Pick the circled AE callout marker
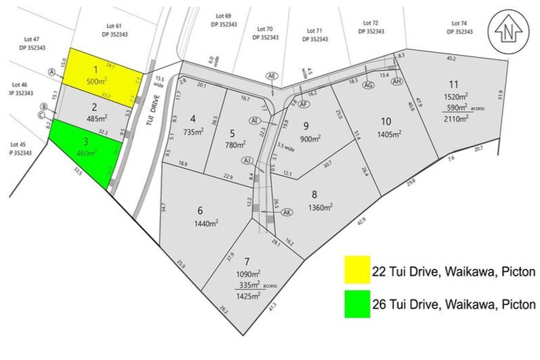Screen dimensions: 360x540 tap(273, 75)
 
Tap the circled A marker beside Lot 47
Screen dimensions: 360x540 tap(52, 72)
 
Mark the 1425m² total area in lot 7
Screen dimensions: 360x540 tap(249, 297)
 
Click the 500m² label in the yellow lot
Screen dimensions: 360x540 tap(96, 81)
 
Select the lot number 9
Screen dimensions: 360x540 tap(306, 126)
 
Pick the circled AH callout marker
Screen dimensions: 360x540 tap(397, 82)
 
